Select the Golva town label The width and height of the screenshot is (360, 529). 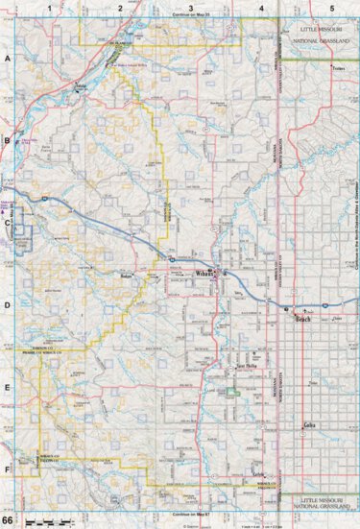click(x=309, y=424)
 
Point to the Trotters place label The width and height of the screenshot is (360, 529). click(x=337, y=70)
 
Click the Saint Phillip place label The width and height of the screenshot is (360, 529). click(x=247, y=367)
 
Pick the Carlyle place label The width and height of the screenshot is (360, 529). click(x=257, y=475)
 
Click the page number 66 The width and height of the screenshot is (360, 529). click(x=8, y=518)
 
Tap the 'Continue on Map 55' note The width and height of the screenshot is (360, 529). click(x=190, y=15)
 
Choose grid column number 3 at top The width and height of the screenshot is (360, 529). click(x=190, y=8)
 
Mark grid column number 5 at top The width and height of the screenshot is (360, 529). click(x=331, y=8)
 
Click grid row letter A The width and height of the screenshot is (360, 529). click(x=8, y=59)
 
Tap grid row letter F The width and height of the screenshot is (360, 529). click(x=8, y=469)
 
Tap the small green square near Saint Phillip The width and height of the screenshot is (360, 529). click(x=233, y=391)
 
